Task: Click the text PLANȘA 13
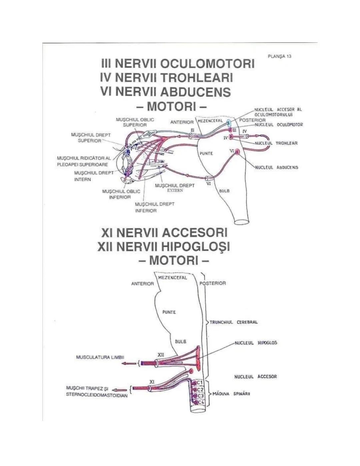pos(279,56)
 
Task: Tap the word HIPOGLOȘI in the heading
pos(196,247)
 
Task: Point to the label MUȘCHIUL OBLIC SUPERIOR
pos(135,122)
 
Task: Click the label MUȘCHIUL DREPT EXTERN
pos(175,188)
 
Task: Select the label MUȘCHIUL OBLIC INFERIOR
pos(121,194)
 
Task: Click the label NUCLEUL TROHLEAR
pos(276,143)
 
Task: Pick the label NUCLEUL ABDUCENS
pos(277,167)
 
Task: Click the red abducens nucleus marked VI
pos(237,152)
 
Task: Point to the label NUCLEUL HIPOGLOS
pos(256,343)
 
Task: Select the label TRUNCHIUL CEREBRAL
pos(233,322)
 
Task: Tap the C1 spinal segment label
pos(199,383)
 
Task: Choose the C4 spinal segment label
pos(200,403)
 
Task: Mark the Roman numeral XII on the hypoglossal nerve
pos(160,355)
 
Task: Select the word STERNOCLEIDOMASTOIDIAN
pos(97,396)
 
